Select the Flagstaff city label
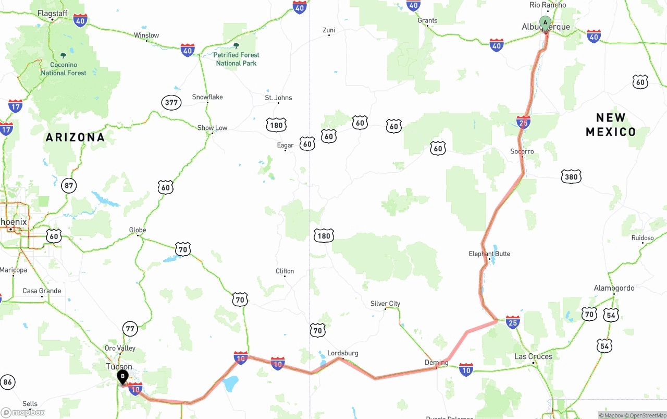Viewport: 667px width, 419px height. point(53,14)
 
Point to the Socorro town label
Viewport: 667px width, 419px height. point(522,152)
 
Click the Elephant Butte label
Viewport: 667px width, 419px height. point(489,254)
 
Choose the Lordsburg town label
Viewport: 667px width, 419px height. point(343,353)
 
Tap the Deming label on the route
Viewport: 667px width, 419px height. point(436,363)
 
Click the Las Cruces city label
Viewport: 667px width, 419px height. point(533,357)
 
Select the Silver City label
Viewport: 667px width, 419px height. point(385,304)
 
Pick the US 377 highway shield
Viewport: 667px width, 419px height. point(171,102)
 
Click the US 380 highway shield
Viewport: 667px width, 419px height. point(571,177)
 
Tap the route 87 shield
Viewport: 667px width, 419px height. point(68,185)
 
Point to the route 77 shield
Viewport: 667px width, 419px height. point(130,329)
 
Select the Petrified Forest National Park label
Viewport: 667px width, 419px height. point(236,59)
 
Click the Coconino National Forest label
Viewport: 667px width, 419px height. point(64,69)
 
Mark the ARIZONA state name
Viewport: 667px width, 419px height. point(76,138)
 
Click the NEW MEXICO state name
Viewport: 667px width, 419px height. point(611,125)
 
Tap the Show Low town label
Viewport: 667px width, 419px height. point(212,128)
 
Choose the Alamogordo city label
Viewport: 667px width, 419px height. point(614,288)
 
